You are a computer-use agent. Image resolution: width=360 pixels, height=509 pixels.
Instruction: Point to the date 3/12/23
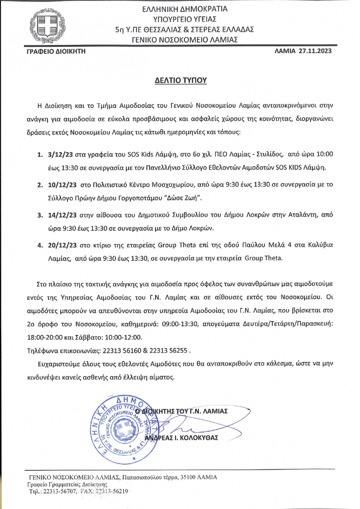pyautogui.click(x=61, y=156)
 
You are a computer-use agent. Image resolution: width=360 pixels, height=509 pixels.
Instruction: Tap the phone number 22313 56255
pyautogui.click(x=167, y=351)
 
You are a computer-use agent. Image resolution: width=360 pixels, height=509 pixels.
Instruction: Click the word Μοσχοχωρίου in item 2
pyautogui.click(x=155, y=185)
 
